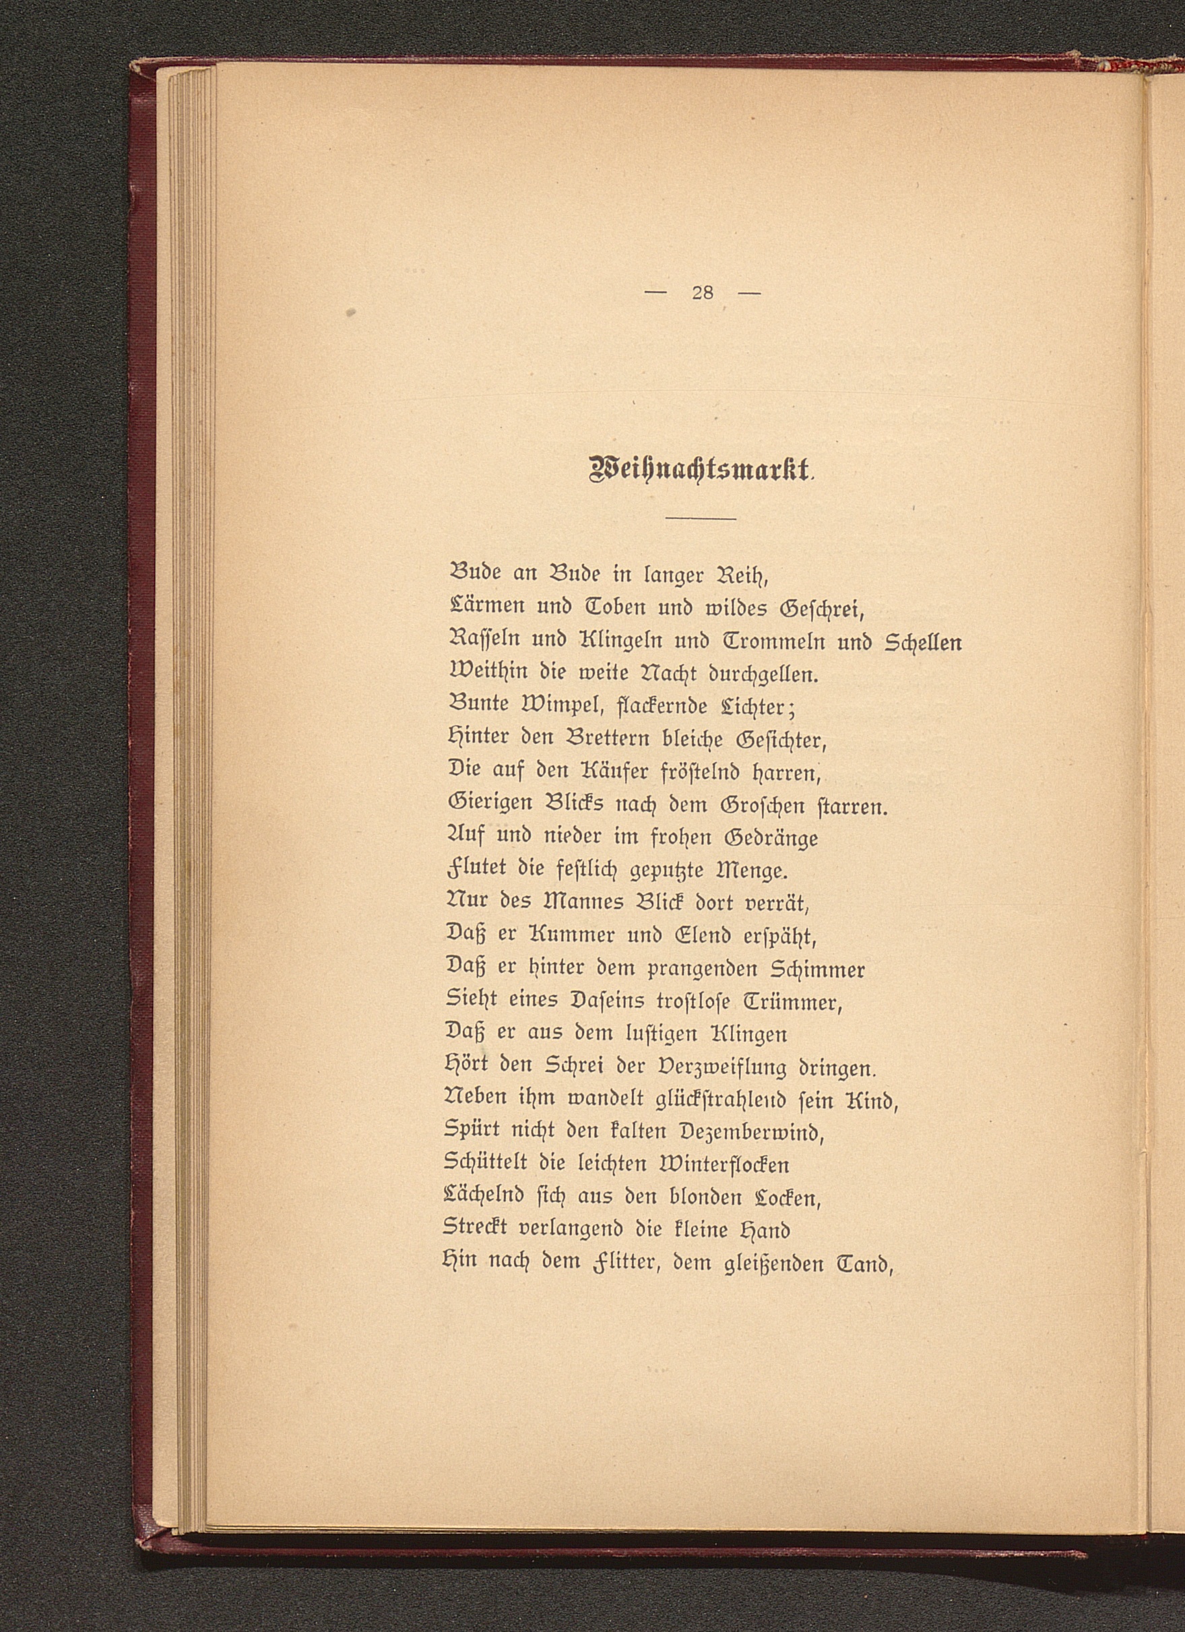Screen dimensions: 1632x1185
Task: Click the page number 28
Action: click(701, 293)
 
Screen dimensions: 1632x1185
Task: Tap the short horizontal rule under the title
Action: click(701, 518)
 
